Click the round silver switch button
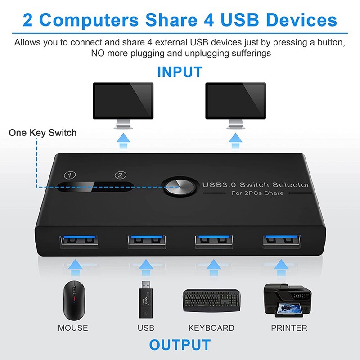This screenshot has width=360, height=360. tap(179, 186)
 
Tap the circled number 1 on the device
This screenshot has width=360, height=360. tap(69, 175)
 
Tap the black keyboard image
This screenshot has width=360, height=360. tap(211, 301)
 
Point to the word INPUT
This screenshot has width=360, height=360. tap(180, 72)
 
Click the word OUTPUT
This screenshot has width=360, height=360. tap(180, 345)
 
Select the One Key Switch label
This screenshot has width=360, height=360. tap(43, 133)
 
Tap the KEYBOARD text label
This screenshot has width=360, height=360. tap(211, 328)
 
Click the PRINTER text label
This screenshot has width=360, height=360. tap(289, 328)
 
